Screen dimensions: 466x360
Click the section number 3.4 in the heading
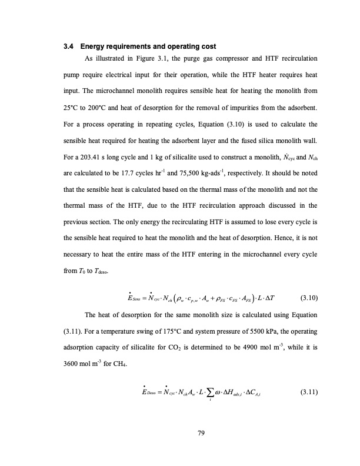click(x=68, y=46)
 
